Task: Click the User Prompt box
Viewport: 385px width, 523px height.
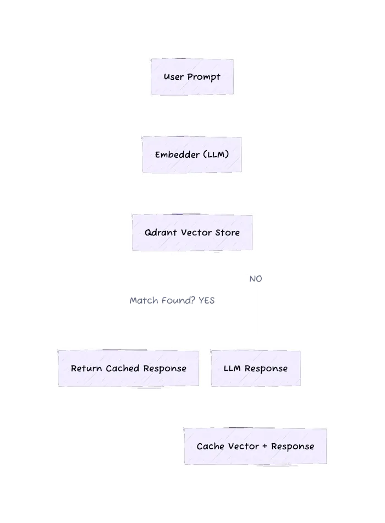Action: (x=192, y=77)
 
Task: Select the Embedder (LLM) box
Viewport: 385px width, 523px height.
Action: (x=192, y=155)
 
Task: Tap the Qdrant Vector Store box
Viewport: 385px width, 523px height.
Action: (x=192, y=233)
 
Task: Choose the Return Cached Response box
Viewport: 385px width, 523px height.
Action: (x=128, y=368)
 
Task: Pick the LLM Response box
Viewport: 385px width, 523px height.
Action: (x=255, y=368)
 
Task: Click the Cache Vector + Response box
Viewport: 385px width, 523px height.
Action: (x=255, y=446)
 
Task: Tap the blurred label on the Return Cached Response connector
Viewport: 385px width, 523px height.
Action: (x=171, y=301)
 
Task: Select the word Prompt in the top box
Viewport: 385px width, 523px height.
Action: (x=204, y=77)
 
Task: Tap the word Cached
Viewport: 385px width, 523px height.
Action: (x=123, y=368)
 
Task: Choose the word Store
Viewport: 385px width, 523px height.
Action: (x=227, y=233)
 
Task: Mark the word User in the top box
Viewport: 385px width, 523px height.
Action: (x=174, y=77)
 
